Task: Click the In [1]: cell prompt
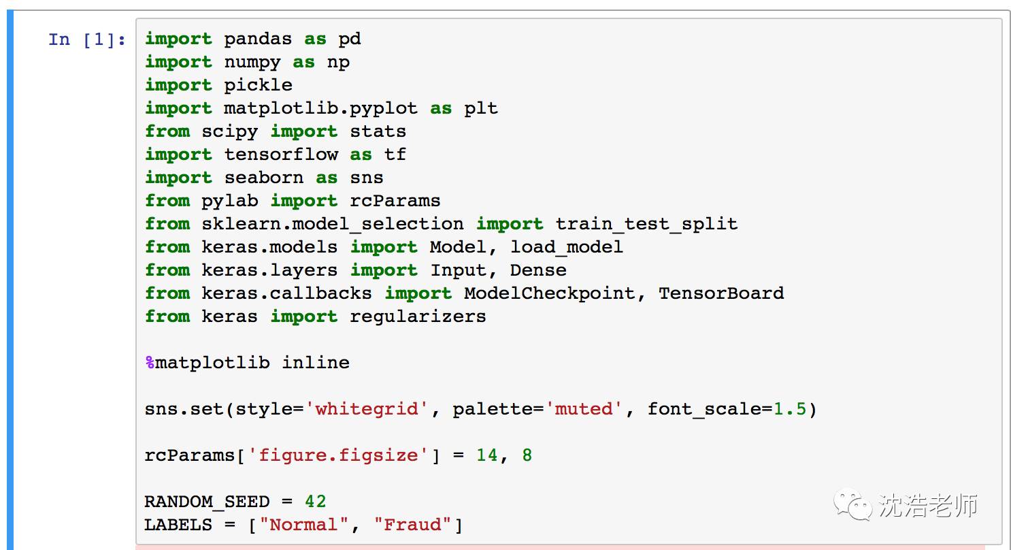[87, 39]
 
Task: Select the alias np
[338, 63]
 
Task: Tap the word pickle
[259, 86]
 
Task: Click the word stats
[378, 132]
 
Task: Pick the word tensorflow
[281, 155]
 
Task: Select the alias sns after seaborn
[367, 178]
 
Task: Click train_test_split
[646, 225]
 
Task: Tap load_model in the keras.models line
[567, 248]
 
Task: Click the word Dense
[538, 271]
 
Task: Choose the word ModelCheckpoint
[550, 294]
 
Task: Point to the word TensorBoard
[721, 294]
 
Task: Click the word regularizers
[418, 317]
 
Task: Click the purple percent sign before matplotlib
[150, 363]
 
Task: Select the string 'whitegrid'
[367, 410]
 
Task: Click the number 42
[315, 502]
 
